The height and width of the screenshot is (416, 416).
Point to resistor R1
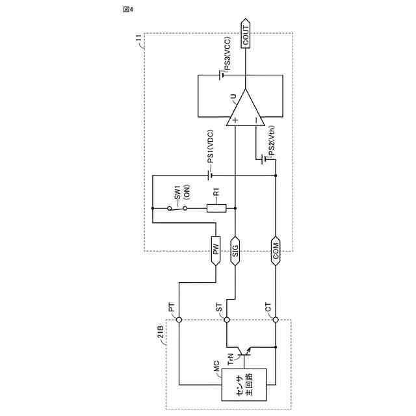[216, 208]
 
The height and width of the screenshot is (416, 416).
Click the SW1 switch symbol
[177, 208]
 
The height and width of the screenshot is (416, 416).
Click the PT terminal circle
[178, 319]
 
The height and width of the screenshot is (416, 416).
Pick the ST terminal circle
[227, 319]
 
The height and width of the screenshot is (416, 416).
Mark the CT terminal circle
[276, 319]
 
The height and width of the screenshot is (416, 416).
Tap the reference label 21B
[161, 337]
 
